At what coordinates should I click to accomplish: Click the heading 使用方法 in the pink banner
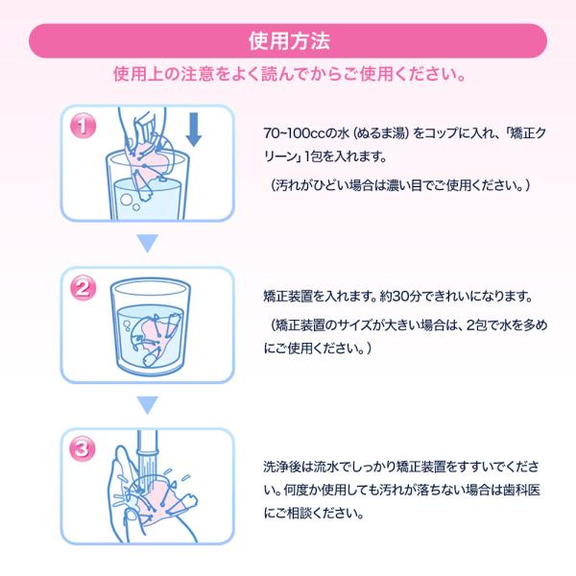click(x=289, y=40)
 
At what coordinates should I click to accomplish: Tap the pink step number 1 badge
click(x=84, y=126)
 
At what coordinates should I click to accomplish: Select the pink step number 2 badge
click(x=84, y=288)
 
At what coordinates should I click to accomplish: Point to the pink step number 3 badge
click(x=84, y=449)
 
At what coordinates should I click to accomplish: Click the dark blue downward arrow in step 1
click(x=194, y=130)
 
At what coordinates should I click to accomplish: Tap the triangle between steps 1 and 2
click(x=147, y=243)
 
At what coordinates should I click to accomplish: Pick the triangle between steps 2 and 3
click(x=147, y=405)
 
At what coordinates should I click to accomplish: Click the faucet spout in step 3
click(x=148, y=443)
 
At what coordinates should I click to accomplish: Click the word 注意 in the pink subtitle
click(x=197, y=74)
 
